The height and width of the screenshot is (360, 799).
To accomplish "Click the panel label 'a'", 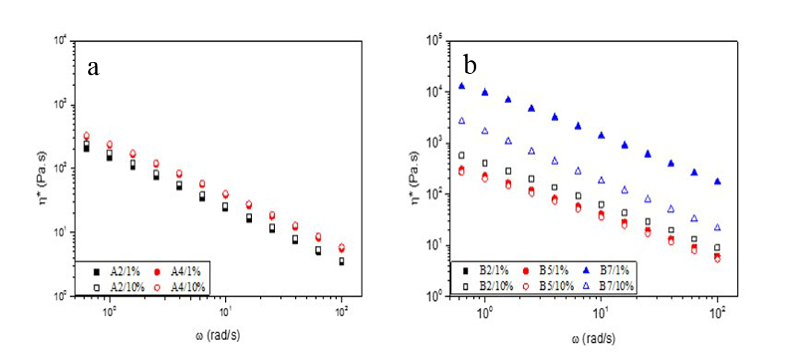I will [x=93, y=68].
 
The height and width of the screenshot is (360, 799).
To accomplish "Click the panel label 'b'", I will [x=470, y=66].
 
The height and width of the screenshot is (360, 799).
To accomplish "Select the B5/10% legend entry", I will [x=554, y=285].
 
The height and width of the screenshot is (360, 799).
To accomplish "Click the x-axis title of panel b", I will [x=594, y=338].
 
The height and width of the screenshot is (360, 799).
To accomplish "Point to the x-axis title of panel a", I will [x=214, y=335].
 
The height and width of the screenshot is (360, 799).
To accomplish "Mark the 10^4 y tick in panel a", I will [x=65, y=40].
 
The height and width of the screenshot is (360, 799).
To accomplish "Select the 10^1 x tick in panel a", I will [x=225, y=309].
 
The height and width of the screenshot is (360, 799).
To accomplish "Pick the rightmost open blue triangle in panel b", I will [x=717, y=227].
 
